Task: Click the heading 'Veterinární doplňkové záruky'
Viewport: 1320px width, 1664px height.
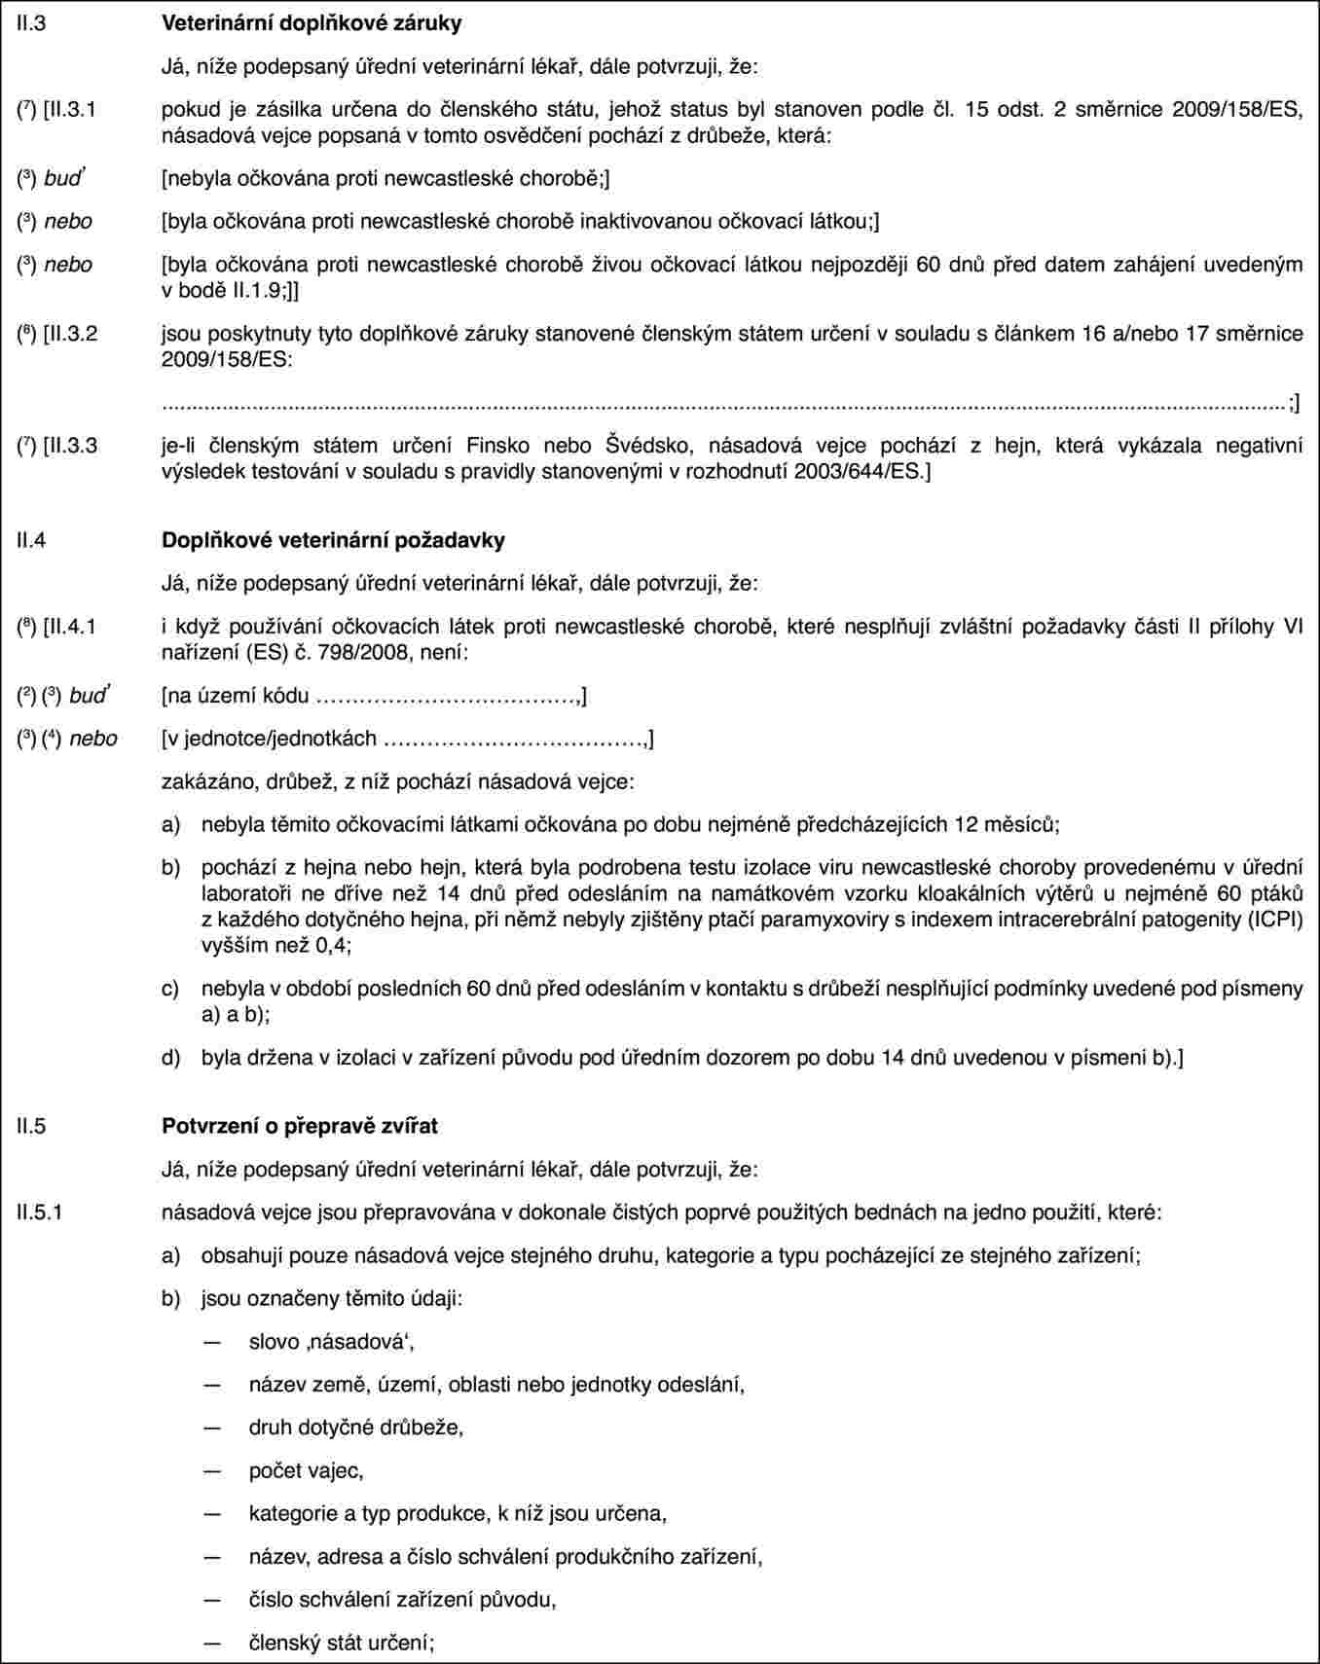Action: (311, 22)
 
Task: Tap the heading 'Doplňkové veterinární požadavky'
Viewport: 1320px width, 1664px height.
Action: (332, 539)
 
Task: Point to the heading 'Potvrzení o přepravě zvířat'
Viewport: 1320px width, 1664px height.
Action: (299, 1125)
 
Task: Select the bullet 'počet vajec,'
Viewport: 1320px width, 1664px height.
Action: (306, 1470)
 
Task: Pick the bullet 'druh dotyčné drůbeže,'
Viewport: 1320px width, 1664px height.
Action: (356, 1427)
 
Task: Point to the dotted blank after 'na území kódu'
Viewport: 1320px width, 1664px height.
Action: (448, 697)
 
